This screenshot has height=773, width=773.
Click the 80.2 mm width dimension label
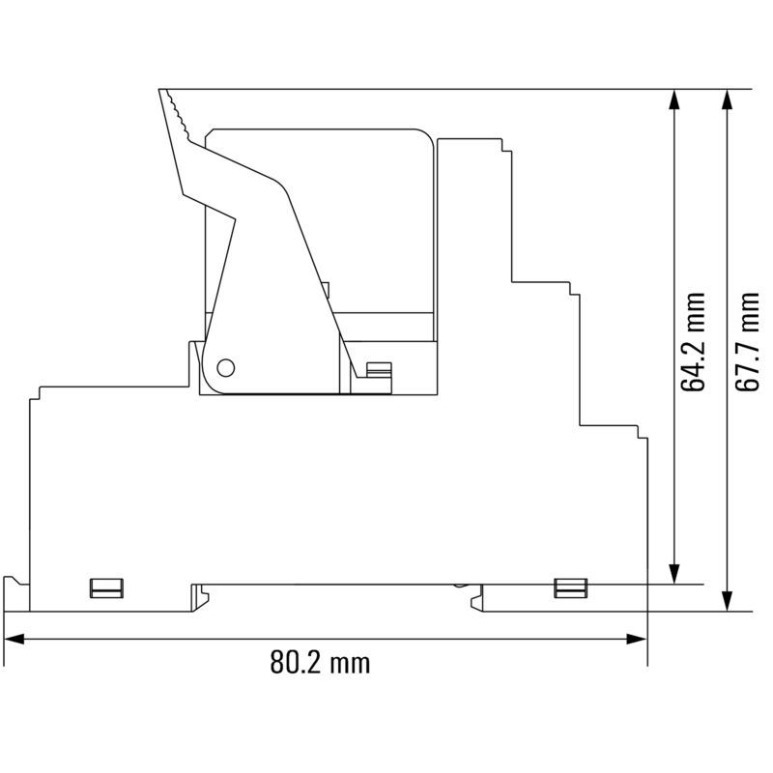[x=320, y=664]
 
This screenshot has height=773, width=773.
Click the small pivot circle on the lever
[x=225, y=367]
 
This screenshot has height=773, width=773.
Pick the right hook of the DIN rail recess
[x=476, y=600]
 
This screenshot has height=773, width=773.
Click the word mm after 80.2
[x=349, y=664]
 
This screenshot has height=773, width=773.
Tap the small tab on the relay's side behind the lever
[x=326, y=287]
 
